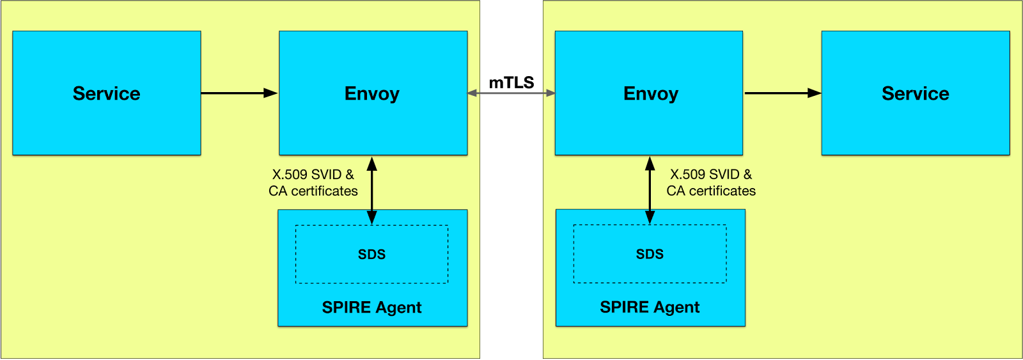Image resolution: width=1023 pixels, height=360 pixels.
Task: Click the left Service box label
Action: click(106, 93)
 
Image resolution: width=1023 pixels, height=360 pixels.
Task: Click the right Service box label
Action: click(915, 93)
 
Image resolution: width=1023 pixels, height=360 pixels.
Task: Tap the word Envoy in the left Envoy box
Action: click(371, 93)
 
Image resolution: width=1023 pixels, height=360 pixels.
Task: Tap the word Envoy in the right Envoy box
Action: click(650, 93)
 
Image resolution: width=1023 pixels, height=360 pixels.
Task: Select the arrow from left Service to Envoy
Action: click(237, 93)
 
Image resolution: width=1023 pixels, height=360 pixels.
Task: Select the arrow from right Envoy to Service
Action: click(780, 93)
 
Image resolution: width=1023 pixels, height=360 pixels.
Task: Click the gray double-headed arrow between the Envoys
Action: click(511, 93)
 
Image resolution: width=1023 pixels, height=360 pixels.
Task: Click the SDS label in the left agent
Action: click(371, 254)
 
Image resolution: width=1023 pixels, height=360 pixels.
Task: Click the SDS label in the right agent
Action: click(650, 254)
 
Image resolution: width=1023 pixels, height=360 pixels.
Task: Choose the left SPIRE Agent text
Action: click(371, 308)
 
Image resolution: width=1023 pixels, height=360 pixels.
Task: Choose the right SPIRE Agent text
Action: click(650, 308)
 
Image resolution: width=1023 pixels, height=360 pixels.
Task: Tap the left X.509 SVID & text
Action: click(313, 175)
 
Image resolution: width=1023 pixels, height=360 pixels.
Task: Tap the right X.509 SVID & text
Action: click(711, 175)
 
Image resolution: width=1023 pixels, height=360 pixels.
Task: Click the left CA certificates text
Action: click(313, 191)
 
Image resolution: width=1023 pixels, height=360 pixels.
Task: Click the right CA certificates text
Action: click(711, 191)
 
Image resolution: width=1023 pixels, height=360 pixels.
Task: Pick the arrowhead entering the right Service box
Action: click(814, 93)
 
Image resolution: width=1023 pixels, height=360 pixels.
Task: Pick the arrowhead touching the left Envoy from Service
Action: click(271, 93)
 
